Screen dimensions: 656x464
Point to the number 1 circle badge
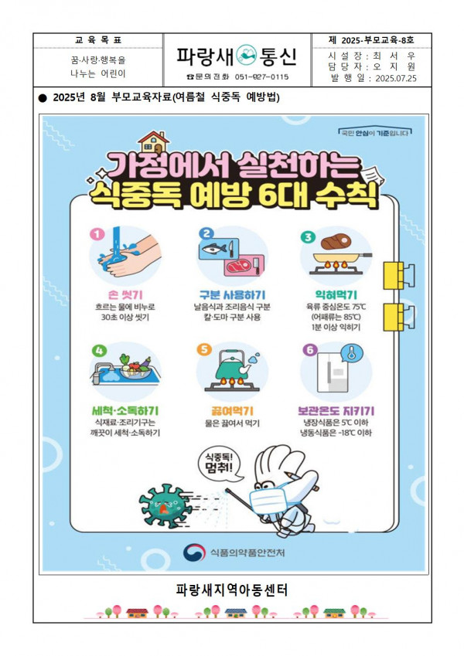pyautogui.click(x=97, y=233)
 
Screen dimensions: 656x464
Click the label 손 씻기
pyautogui.click(x=125, y=295)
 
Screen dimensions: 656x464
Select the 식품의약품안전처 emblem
pyautogui.click(x=192, y=552)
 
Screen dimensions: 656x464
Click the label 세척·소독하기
pyautogui.click(x=125, y=410)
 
